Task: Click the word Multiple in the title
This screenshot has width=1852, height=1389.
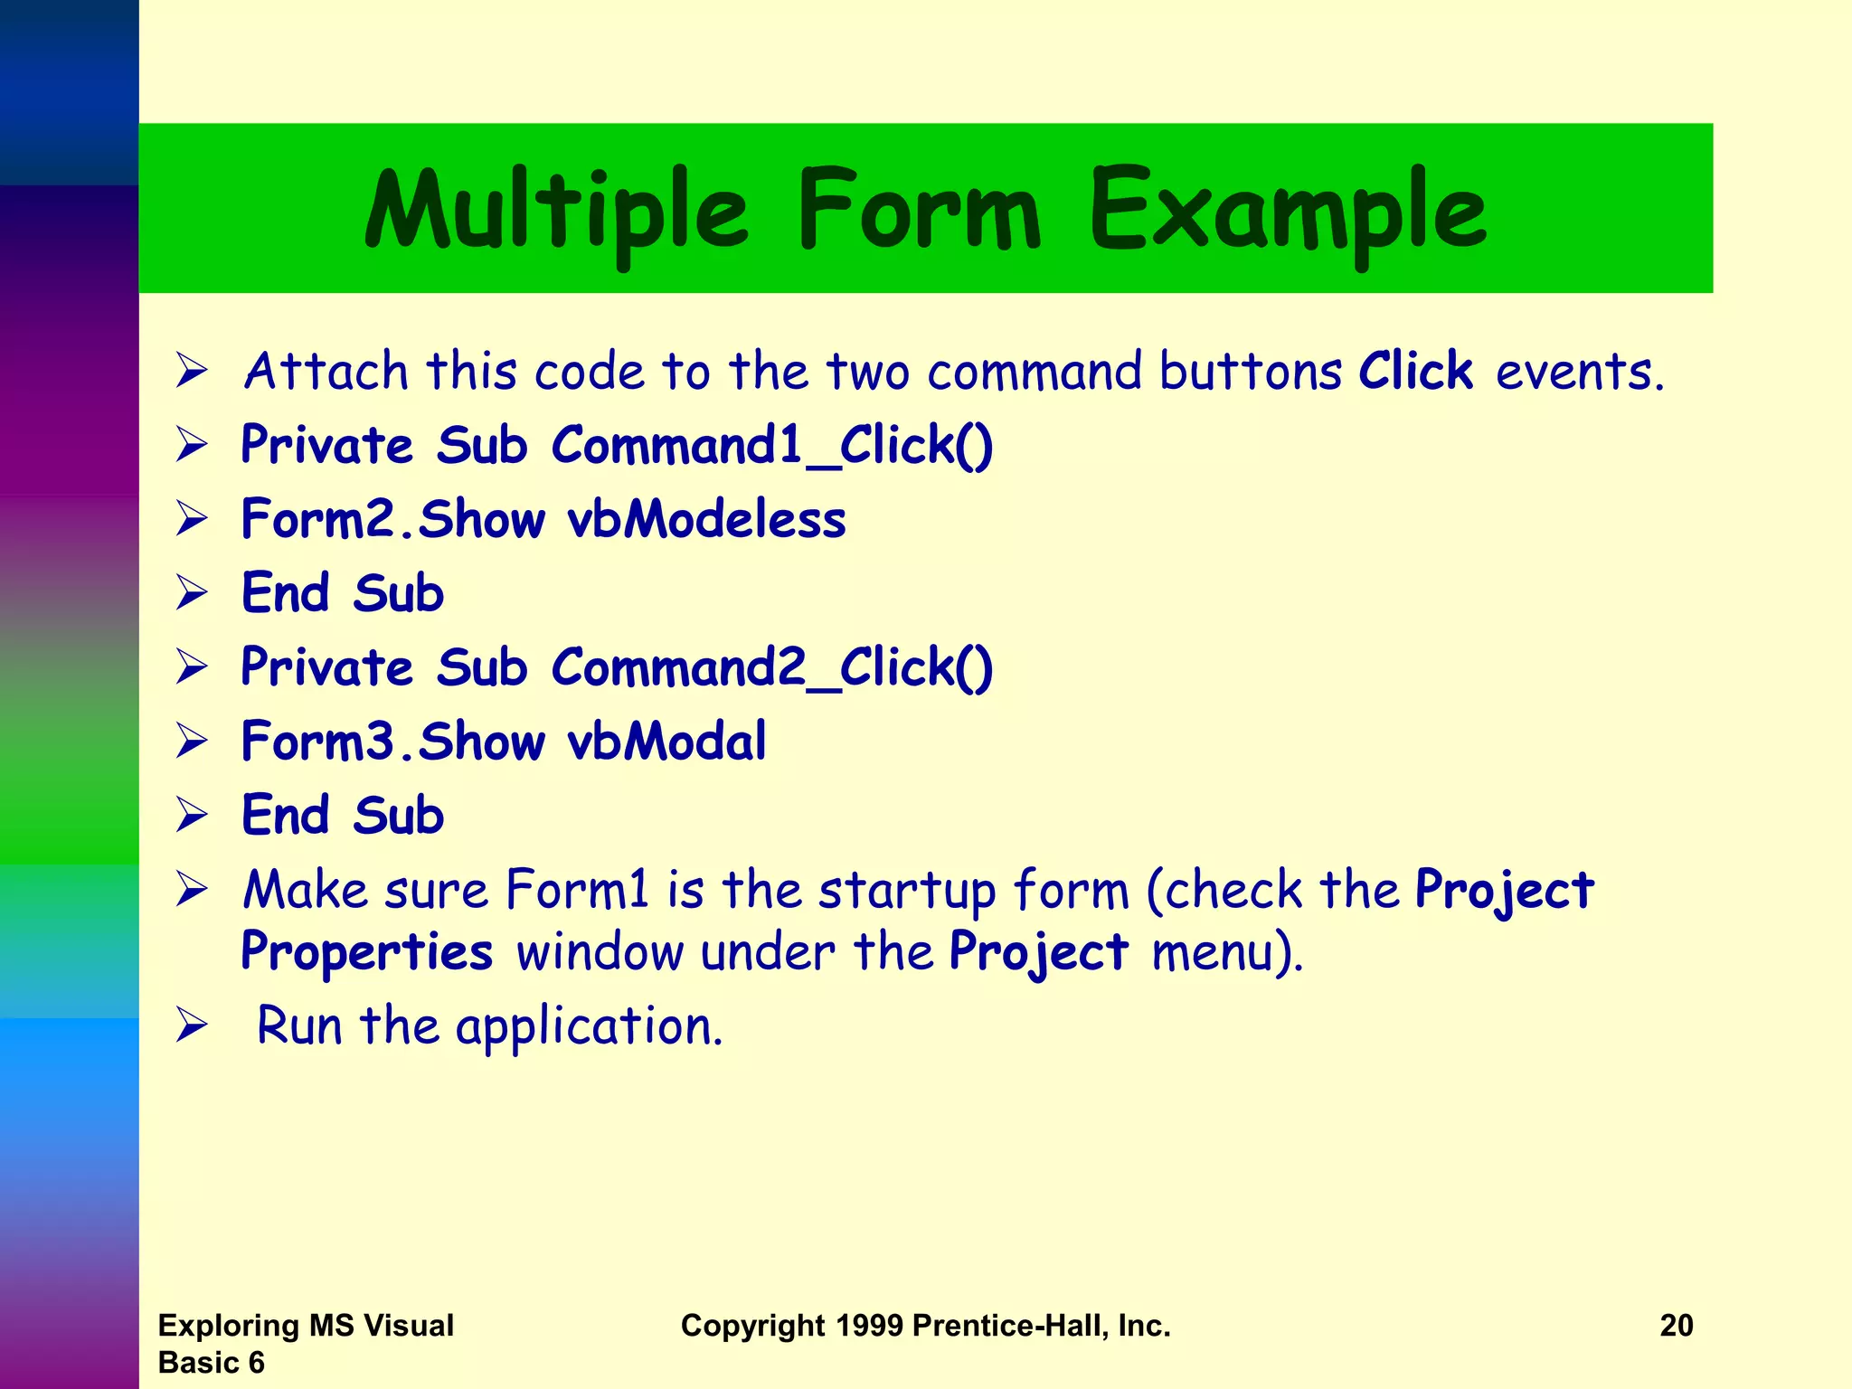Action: point(556,212)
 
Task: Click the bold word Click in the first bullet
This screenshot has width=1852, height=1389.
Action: point(1415,371)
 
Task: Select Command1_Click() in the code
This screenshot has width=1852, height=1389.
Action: point(771,446)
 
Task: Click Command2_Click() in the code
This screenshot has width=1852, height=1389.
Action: point(771,668)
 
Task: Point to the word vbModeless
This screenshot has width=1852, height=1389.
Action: point(706,520)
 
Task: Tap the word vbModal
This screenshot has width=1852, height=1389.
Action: point(666,742)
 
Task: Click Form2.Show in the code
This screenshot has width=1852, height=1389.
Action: point(393,520)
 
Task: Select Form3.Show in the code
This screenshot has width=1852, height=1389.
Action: point(393,742)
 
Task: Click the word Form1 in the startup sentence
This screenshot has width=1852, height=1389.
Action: point(577,890)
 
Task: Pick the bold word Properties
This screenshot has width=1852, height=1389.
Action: point(366,951)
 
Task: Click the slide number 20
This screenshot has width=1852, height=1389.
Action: point(1676,1326)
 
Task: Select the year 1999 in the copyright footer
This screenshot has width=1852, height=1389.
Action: point(869,1326)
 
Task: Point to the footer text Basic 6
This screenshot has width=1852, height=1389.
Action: point(211,1363)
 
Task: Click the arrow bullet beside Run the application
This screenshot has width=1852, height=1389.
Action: point(192,1025)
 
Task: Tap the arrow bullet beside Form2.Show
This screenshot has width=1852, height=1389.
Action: point(192,519)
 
